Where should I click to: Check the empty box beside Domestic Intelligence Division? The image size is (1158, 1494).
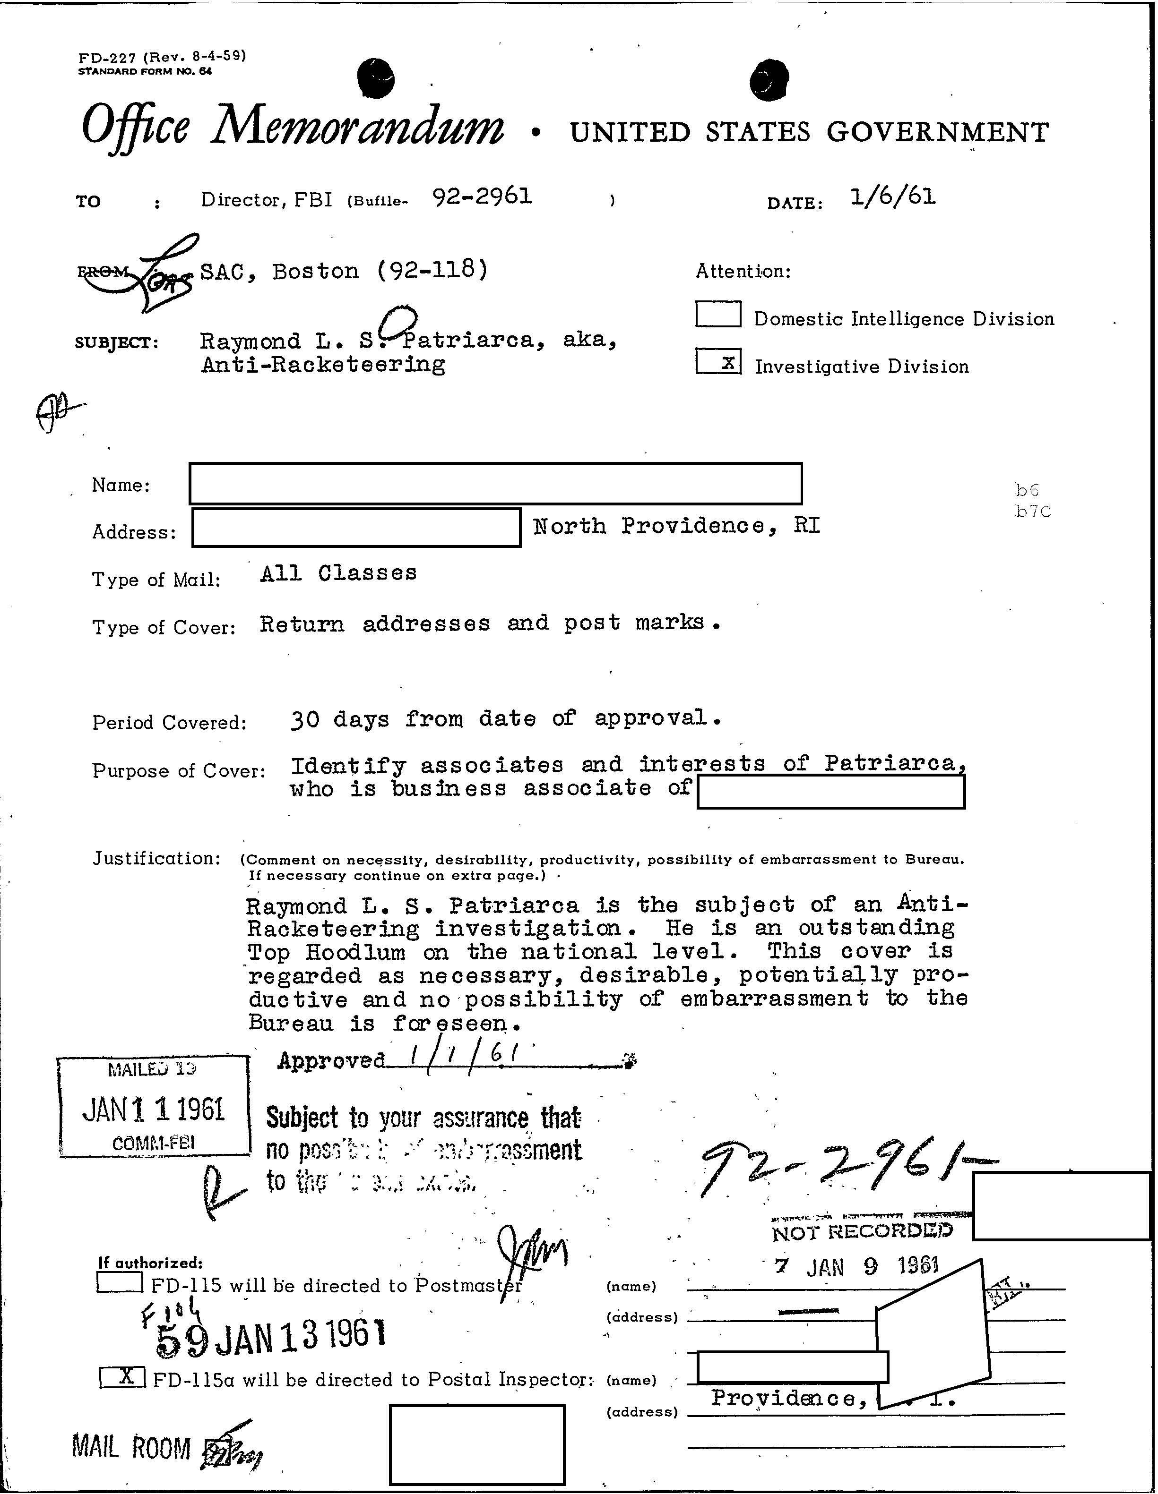coord(718,315)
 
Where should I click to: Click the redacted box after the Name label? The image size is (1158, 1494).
coord(495,484)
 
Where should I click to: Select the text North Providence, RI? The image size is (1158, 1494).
coord(676,526)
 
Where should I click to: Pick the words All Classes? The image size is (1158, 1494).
coord(338,573)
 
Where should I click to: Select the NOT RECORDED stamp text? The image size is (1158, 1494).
coord(862,1232)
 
